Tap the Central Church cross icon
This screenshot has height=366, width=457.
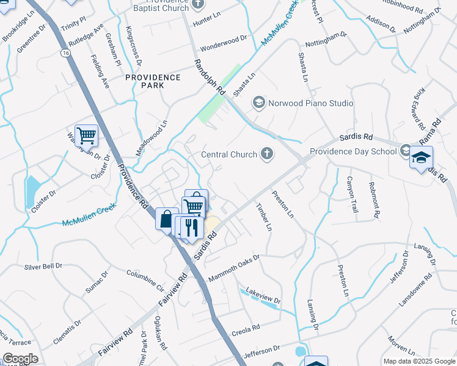coord(266,154)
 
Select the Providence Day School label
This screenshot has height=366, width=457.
coord(354,151)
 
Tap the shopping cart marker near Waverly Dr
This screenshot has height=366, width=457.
coord(86,136)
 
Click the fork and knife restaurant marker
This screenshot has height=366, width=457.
coord(192,228)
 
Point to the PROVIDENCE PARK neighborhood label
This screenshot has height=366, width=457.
coord(153,81)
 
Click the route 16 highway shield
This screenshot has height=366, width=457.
coord(64,53)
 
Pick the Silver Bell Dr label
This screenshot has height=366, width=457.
coord(43,266)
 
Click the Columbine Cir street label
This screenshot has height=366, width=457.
coord(145,279)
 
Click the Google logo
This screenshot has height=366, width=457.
coord(20,359)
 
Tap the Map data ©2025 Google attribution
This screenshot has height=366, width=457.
coord(419,361)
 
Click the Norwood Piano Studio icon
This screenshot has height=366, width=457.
coord(258,103)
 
